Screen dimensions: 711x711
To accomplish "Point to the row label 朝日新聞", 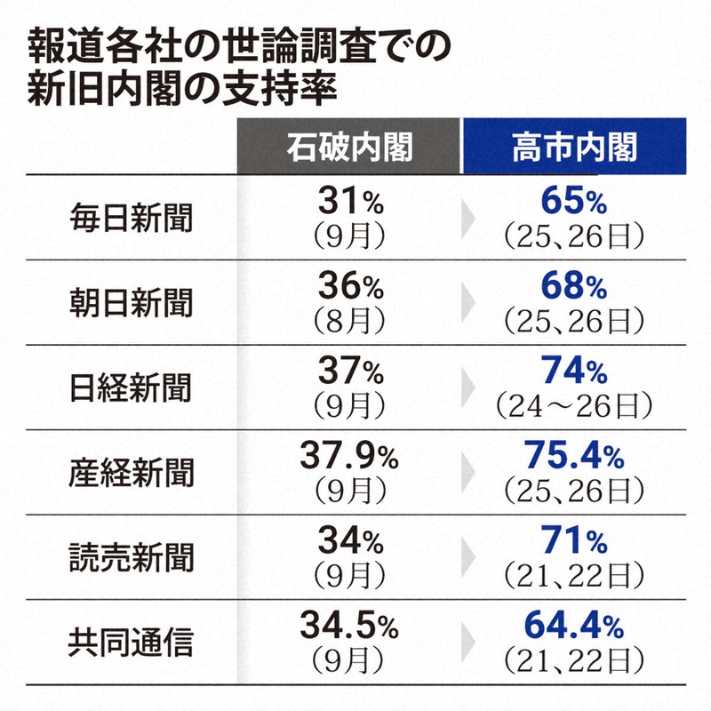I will click(131, 302).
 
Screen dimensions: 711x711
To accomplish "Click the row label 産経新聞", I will click(131, 473).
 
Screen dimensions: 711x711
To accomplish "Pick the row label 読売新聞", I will click(131, 557).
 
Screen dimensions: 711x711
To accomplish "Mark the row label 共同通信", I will click(131, 642).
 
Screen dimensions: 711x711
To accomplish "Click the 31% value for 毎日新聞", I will click(349, 204).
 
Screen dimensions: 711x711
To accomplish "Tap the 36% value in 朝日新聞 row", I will click(349, 288).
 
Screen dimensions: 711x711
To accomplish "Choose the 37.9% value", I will click(349, 459).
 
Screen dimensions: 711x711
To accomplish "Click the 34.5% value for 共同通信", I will click(349, 627).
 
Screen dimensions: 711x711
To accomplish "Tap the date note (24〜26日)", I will click(573, 406).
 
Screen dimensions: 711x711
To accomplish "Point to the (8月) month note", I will click(349, 321).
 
